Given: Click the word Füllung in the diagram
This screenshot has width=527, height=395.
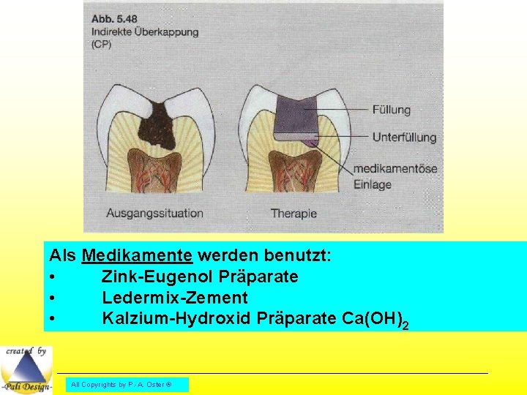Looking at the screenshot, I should [391, 110].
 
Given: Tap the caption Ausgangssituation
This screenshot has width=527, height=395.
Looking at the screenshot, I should [154, 214].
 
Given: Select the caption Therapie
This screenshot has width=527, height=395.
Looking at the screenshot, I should [294, 214].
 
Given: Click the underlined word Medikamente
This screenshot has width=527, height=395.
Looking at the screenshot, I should [137, 256].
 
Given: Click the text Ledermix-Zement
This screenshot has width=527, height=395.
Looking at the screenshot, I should [174, 298].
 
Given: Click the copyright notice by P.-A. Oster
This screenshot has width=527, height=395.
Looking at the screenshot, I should [127, 384].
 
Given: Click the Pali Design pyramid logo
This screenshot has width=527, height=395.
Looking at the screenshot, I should [26, 369].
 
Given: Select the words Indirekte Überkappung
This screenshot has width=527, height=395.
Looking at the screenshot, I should [145, 32].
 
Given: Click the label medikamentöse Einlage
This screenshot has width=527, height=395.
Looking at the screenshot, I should [395, 176].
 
